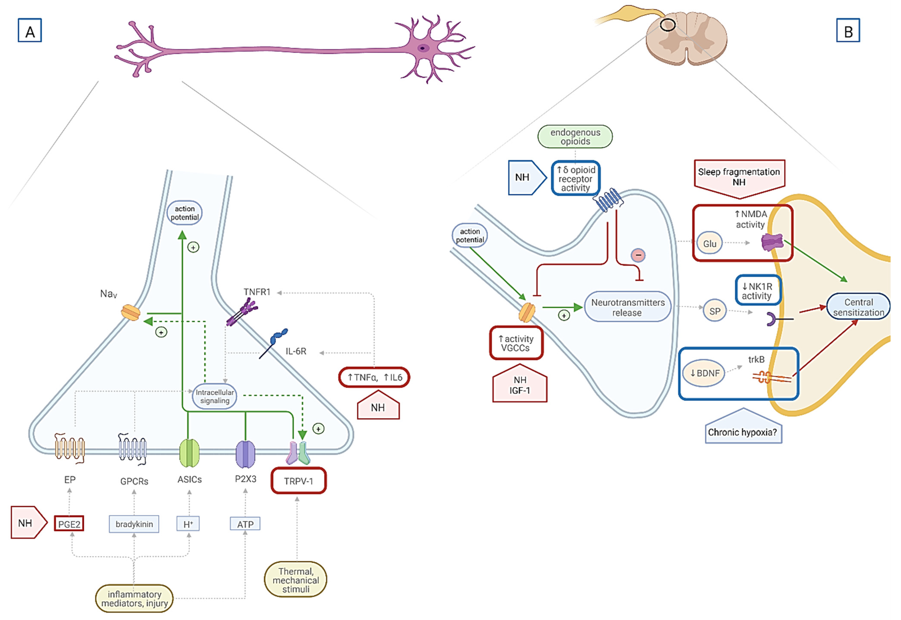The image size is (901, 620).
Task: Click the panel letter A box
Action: point(30,30)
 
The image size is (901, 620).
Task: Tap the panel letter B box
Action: point(848,30)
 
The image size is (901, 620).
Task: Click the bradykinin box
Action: point(134,524)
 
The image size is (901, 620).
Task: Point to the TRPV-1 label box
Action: point(298,481)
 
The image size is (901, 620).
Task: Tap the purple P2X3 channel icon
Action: point(245,454)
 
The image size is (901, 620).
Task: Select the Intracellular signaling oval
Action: point(215,396)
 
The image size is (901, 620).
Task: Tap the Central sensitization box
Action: point(858,307)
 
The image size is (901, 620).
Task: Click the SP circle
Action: point(715,311)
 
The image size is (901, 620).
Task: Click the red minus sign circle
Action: point(638,255)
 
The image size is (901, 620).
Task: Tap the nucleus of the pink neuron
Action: point(423,48)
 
